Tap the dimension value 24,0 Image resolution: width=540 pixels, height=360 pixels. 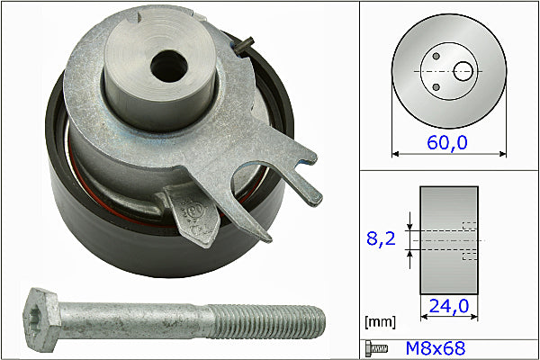pyautogui.click(x=449, y=306)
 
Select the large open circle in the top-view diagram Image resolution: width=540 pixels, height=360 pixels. pyautogui.click(x=463, y=70)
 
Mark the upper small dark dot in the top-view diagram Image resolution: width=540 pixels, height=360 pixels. pyautogui.click(x=436, y=57)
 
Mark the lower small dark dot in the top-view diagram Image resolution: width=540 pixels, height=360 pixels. pyautogui.click(x=436, y=86)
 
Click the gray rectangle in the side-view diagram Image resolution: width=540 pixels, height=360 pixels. pyautogui.click(x=448, y=240)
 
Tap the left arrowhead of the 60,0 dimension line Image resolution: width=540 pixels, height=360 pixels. pyautogui.click(x=395, y=153)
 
